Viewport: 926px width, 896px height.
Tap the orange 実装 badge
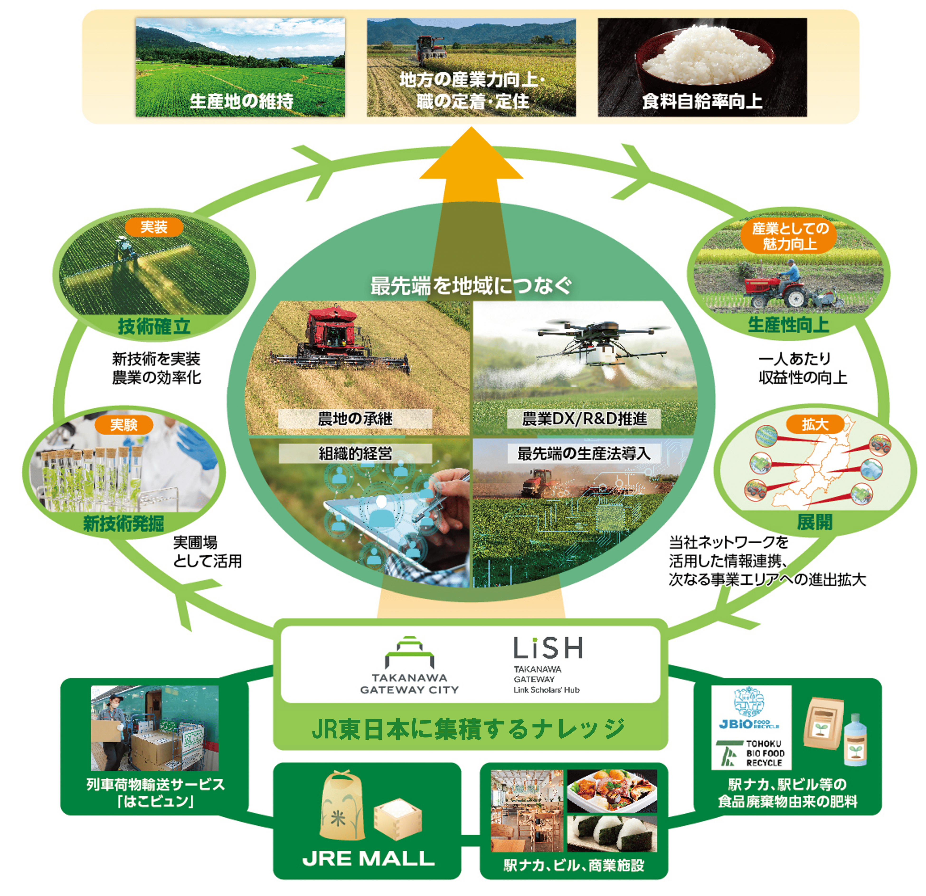(x=154, y=227)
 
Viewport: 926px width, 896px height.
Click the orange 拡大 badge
(x=814, y=424)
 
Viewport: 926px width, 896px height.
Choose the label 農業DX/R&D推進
(x=584, y=419)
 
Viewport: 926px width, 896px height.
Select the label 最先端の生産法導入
(x=584, y=454)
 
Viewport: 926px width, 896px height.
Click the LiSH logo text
(x=548, y=648)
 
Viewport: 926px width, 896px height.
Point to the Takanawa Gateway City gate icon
(x=409, y=652)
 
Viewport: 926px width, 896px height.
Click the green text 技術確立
(x=154, y=326)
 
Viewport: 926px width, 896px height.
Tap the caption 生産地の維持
(x=241, y=101)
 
